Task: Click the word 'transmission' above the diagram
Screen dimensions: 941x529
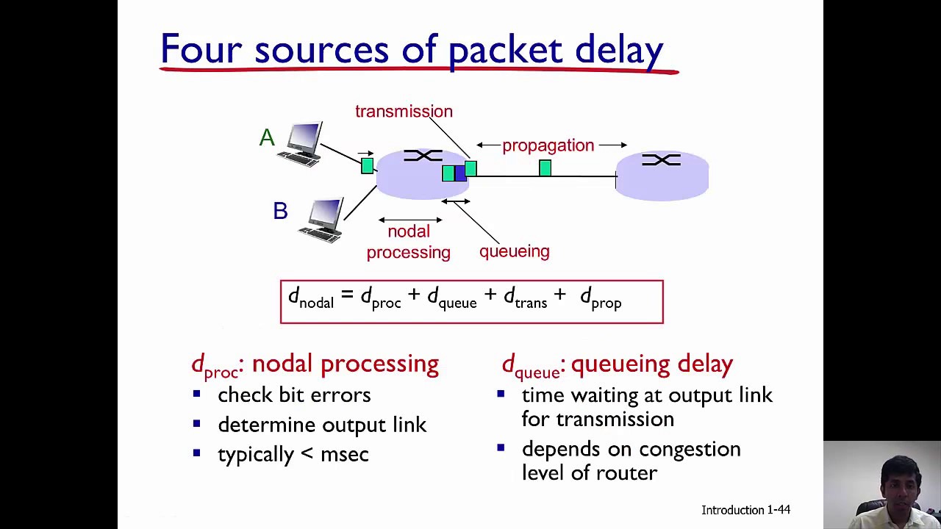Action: [404, 111]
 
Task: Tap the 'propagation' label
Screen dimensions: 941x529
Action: [548, 145]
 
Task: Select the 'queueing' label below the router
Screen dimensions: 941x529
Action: [514, 251]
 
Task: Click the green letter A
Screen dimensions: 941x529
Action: [267, 137]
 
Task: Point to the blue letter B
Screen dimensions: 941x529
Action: [280, 211]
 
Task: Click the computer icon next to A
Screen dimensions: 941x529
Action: [301, 144]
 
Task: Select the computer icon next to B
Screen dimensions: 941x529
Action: [321, 220]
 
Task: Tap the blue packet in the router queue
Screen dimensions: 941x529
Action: [460, 173]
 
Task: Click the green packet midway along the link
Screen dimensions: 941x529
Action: [545, 168]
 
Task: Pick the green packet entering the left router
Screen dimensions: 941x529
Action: [367, 165]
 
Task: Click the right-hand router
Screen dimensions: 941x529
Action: [662, 176]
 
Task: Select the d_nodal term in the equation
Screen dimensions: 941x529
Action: [311, 298]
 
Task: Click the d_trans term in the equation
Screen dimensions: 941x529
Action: [525, 298]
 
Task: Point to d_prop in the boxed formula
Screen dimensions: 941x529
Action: [601, 299]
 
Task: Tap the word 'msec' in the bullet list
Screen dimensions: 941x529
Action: [345, 455]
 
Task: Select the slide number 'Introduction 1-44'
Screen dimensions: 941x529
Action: [745, 510]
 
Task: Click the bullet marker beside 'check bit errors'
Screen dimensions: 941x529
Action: [196, 394]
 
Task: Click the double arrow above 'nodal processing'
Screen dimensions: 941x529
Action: [410, 220]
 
